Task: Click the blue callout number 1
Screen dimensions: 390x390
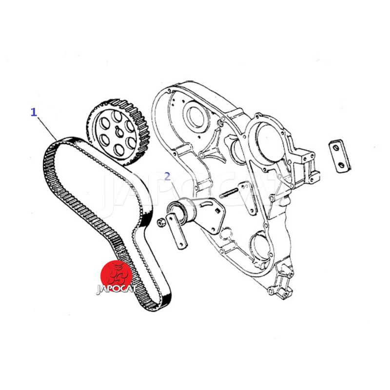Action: point(34,112)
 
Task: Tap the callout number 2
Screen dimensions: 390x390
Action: point(168,176)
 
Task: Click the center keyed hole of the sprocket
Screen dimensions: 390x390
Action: point(119,132)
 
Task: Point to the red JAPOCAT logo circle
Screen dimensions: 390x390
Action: point(116,275)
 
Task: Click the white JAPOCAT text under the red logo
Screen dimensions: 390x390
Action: point(116,289)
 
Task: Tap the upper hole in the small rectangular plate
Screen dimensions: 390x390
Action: point(336,148)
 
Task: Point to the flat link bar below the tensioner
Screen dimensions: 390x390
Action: point(177,231)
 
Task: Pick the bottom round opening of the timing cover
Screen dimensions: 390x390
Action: point(260,246)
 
